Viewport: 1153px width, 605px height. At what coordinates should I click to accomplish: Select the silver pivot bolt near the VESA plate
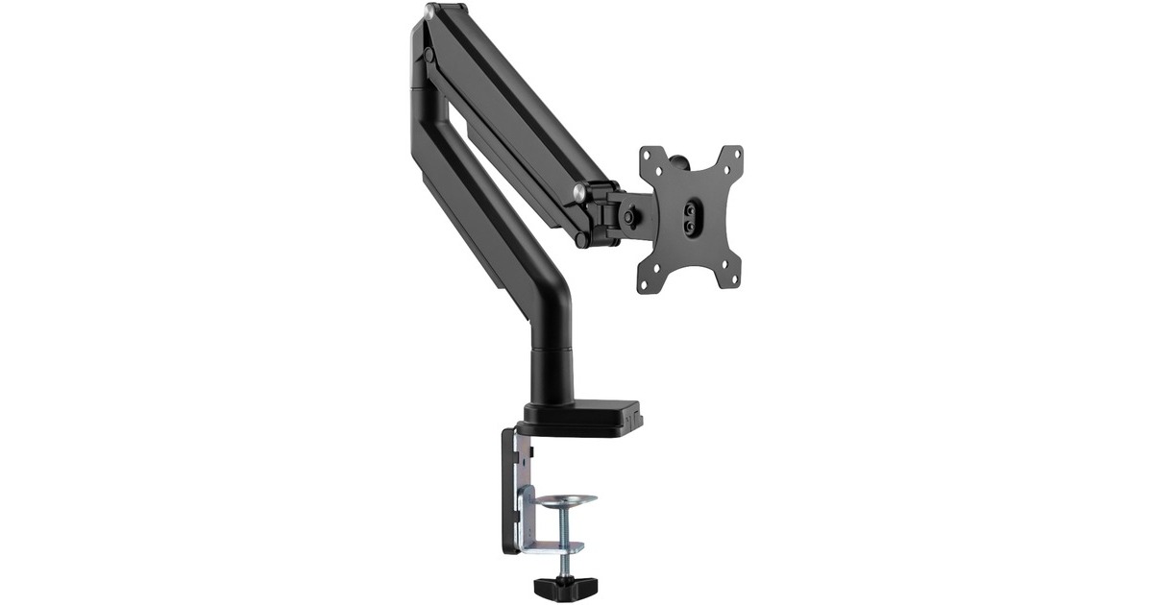[579, 191]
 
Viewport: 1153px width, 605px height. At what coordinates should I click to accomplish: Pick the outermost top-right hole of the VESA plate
[736, 152]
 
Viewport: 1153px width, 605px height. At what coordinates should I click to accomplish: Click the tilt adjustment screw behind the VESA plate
[628, 217]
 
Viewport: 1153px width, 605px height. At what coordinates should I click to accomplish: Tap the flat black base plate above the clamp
[582, 421]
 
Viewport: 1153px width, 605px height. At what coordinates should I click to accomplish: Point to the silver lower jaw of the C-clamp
[552, 547]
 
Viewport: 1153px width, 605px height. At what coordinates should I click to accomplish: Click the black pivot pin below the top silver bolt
[429, 57]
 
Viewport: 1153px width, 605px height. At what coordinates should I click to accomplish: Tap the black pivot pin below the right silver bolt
[583, 240]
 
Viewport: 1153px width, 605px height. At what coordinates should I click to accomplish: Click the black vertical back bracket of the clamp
[508, 490]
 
